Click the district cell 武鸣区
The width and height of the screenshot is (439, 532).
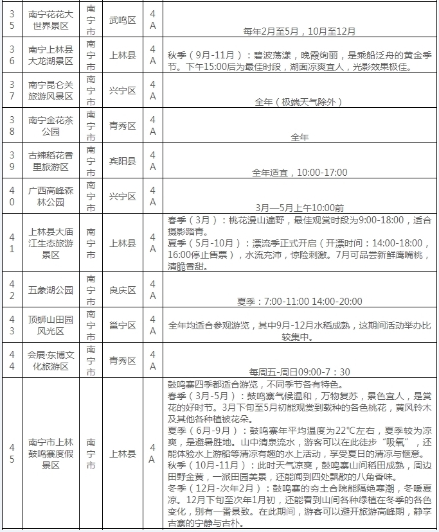tap(121, 20)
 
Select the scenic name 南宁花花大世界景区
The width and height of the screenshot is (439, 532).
tap(51, 20)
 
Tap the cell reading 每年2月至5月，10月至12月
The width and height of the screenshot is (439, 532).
tap(300, 30)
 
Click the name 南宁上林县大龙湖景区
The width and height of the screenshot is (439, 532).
tap(51, 55)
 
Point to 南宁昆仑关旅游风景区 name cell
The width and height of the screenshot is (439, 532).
tap(51, 90)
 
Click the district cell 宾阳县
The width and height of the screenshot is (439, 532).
tap(121, 161)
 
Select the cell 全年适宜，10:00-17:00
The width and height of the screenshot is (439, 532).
tap(300, 173)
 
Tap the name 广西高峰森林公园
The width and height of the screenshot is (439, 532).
tap(51, 196)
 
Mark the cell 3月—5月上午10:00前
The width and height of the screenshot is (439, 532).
tap(300, 207)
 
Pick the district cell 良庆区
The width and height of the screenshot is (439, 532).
tap(121, 290)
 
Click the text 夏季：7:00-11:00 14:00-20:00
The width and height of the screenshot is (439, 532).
tap(300, 301)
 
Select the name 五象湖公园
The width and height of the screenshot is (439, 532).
tap(51, 290)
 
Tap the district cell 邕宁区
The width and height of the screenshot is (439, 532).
tap(121, 325)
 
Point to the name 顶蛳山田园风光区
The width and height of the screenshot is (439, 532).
tap(51, 325)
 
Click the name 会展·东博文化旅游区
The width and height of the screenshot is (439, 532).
tap(51, 361)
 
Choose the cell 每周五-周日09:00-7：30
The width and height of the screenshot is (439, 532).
tap(300, 372)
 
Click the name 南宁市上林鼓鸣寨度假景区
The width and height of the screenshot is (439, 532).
tap(51, 454)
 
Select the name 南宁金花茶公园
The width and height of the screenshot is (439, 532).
tap(51, 125)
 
